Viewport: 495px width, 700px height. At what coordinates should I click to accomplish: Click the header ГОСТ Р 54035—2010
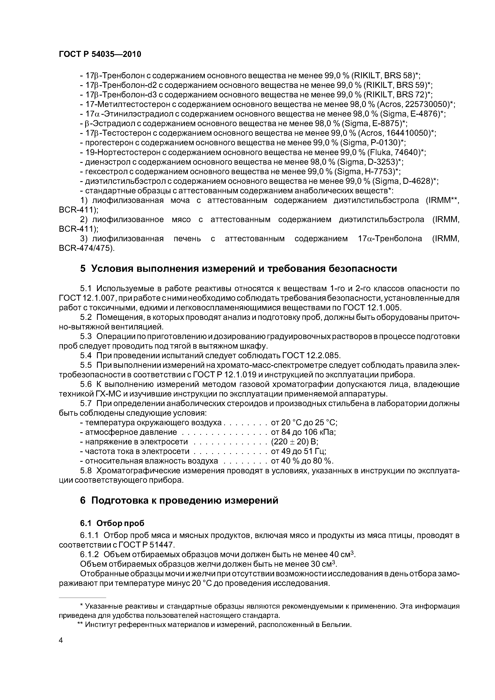(100, 54)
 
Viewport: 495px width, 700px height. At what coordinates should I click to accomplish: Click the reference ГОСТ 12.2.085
(311, 356)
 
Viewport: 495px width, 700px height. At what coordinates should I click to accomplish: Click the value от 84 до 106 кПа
(303, 432)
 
